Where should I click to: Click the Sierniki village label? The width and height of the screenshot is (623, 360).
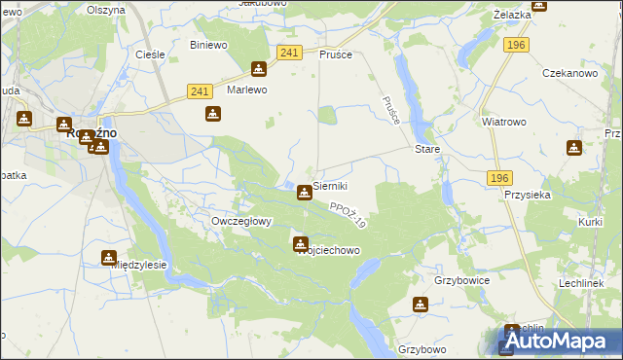tap(330, 185)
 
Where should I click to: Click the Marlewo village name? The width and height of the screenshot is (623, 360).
tap(247, 90)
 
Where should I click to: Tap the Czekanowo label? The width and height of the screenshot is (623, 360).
tap(569, 74)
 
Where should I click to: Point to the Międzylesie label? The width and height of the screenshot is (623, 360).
tap(142, 264)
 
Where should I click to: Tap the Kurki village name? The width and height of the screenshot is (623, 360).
tap(590, 223)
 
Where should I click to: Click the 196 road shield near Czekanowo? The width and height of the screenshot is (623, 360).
tap(516, 45)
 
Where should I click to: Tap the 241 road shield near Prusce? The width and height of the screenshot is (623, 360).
tap(288, 53)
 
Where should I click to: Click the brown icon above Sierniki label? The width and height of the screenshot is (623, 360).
tap(305, 193)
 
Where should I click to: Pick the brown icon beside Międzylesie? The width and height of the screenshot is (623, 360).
tap(108, 258)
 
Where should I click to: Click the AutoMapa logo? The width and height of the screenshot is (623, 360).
tap(559, 342)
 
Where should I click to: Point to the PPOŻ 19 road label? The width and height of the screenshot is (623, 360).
tap(347, 215)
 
